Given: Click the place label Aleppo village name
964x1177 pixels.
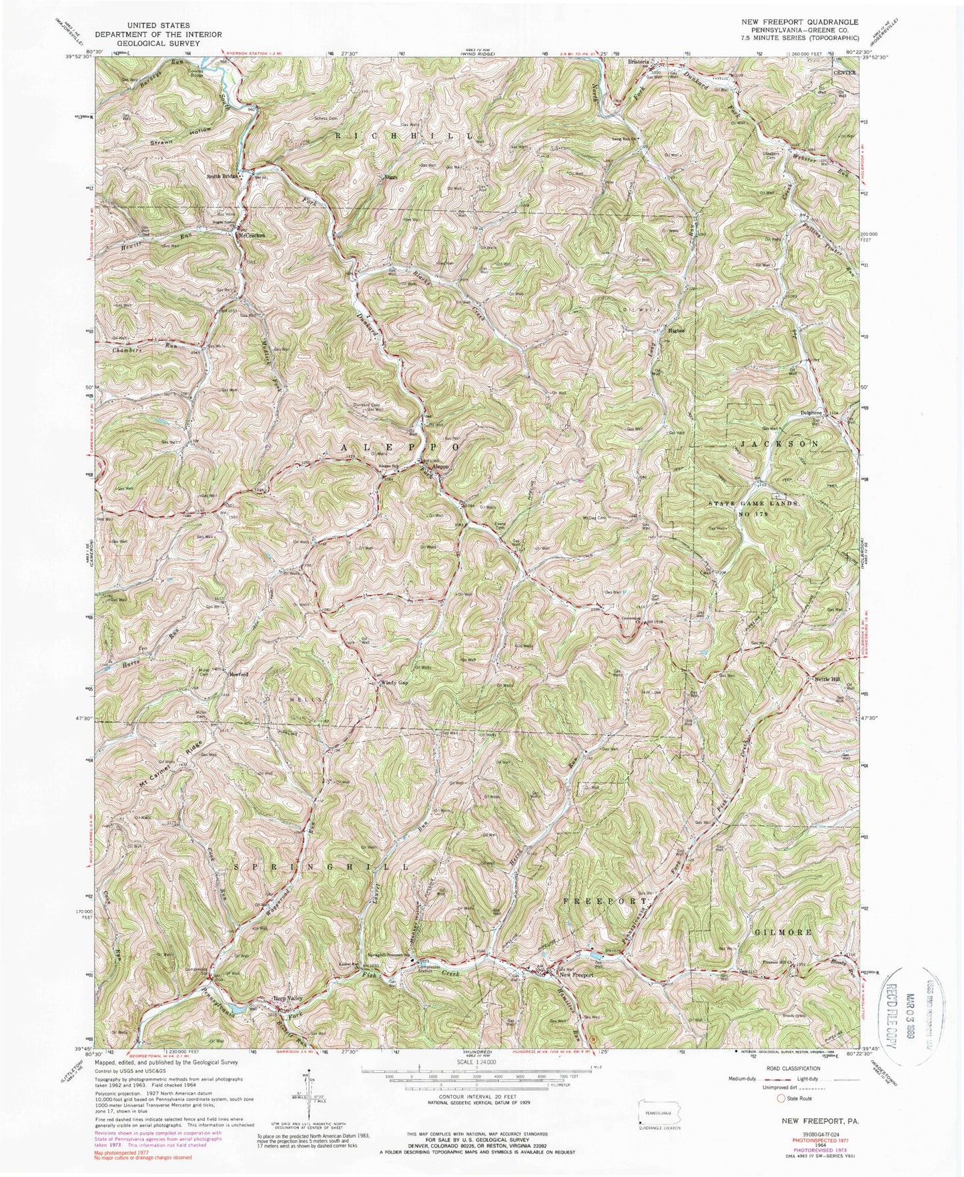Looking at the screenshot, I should (x=441, y=467).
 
